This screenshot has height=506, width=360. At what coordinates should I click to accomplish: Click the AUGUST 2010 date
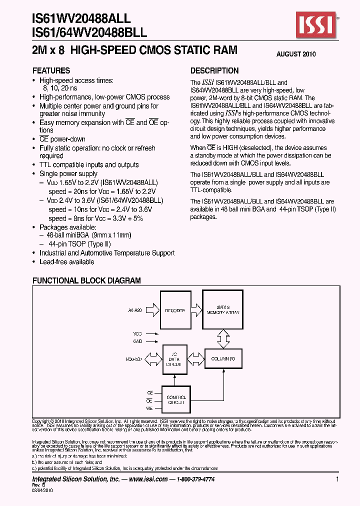coord(296,54)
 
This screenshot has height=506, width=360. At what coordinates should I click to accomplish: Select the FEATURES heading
coord(51,70)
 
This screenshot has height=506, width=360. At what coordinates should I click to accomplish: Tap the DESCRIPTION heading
coord(214,70)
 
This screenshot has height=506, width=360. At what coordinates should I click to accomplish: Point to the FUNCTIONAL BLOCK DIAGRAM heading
coord(86,281)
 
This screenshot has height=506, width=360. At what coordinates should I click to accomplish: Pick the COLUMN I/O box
coord(223,358)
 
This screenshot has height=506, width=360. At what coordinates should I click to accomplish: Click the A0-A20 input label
coord(135,310)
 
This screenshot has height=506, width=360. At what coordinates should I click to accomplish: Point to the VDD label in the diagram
coord(137,332)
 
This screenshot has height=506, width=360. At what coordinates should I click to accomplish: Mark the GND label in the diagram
coord(137,341)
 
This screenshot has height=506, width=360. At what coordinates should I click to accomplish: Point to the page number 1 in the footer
coord(338,479)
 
